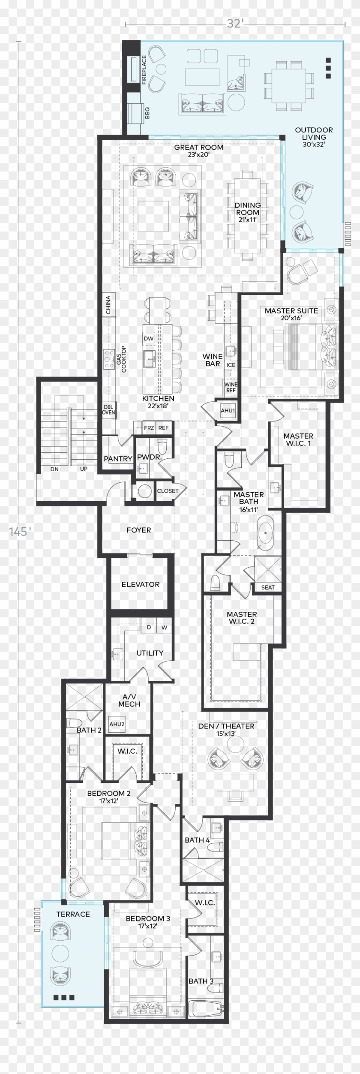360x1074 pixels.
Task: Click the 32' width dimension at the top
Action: tap(234, 24)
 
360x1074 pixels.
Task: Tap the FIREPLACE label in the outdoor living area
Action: tap(144, 69)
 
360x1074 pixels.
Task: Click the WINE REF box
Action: tap(230, 387)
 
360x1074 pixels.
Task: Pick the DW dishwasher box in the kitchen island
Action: tap(149, 339)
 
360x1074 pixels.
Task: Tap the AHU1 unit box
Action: tap(228, 410)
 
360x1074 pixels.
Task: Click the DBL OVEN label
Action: tap(108, 409)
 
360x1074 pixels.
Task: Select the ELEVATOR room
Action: tap(140, 584)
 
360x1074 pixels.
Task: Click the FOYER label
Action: tap(138, 530)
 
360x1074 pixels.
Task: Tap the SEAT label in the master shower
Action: tap(268, 587)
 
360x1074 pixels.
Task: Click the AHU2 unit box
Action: tap(117, 724)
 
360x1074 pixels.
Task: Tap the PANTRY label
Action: tap(118, 459)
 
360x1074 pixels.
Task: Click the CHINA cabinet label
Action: tap(108, 305)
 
